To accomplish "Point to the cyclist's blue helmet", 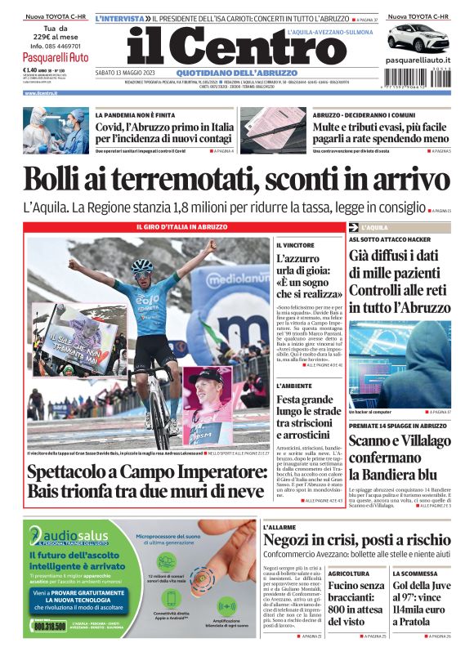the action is coord(141,266).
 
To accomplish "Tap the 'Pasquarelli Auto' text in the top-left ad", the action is coord(56,57).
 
